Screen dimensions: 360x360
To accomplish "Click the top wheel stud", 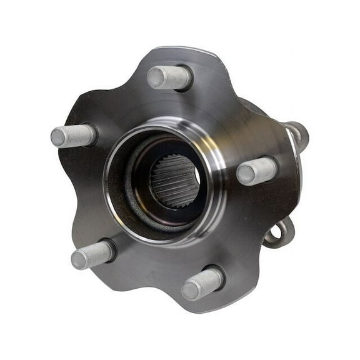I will [x=170, y=77].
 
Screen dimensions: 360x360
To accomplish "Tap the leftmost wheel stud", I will [x=74, y=136].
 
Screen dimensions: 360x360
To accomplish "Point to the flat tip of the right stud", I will [x=246, y=174].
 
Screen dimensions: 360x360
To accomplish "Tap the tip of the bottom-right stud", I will [x=191, y=289].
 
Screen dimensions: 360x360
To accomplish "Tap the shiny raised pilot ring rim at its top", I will [x=166, y=124].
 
